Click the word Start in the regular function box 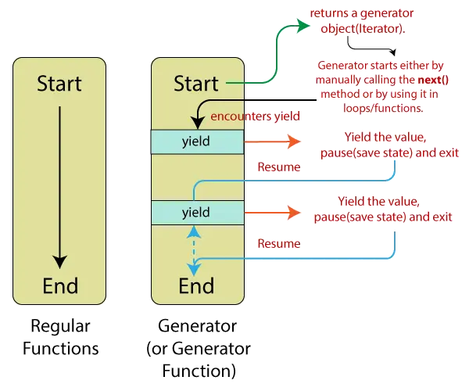59,83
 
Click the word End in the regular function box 59,285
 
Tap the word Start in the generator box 196,83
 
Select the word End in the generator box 196,285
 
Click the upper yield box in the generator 196,142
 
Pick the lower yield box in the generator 196,212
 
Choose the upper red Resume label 279,167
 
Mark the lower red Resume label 279,245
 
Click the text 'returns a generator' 362,14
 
